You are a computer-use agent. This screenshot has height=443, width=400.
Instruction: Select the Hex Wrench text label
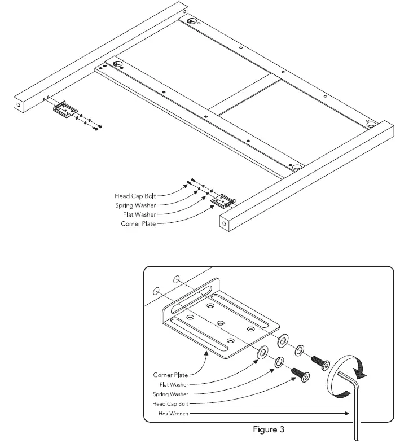click(x=170, y=414)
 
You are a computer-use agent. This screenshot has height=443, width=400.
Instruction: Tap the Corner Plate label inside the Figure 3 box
click(x=170, y=375)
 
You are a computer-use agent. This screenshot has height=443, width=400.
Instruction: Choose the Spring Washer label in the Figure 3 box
click(x=170, y=394)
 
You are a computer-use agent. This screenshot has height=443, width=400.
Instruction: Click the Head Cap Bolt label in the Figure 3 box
click(x=170, y=403)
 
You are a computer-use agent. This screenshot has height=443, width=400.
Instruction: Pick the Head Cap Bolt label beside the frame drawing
click(x=135, y=195)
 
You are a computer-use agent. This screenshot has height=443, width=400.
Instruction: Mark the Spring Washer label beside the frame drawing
click(x=135, y=205)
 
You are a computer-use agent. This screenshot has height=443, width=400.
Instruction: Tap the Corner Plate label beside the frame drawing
click(x=138, y=224)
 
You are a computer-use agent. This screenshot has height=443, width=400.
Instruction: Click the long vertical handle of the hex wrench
click(x=357, y=412)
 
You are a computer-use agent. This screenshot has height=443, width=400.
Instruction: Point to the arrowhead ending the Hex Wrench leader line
click(x=348, y=414)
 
